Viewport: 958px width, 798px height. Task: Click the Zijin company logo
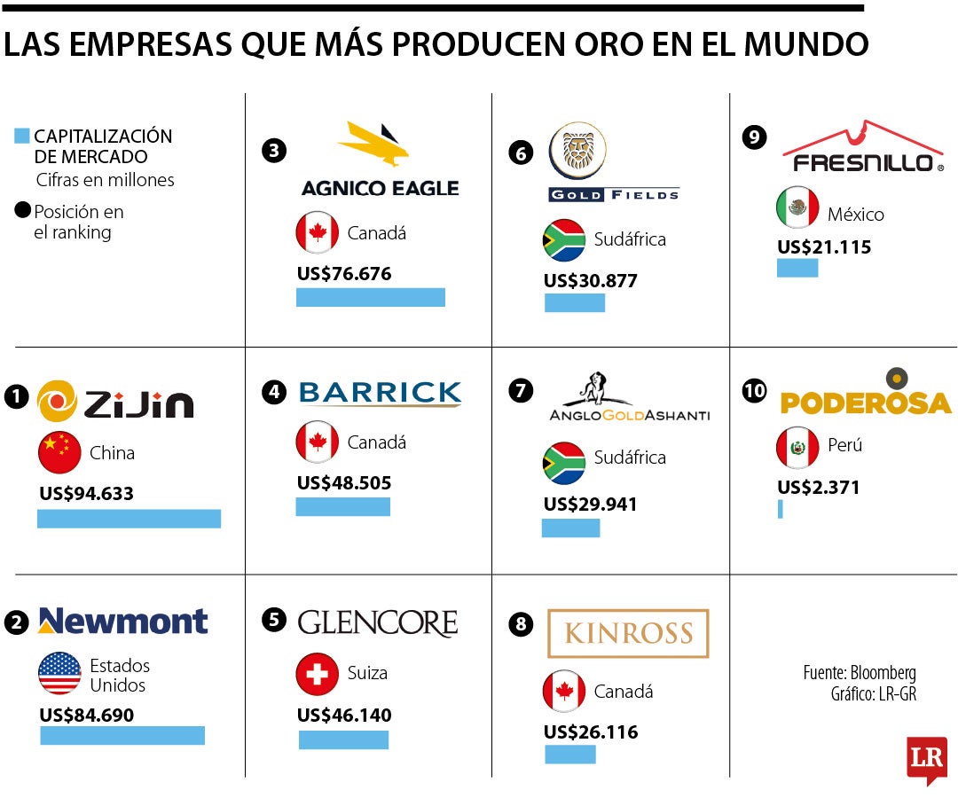coord(115,401)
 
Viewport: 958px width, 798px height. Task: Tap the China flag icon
coord(59,453)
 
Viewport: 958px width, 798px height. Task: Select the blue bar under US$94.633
coord(129,519)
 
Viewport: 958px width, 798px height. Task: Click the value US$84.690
coord(86,715)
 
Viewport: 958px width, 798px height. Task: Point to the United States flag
coord(59,674)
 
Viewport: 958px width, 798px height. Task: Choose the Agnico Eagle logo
coord(380,160)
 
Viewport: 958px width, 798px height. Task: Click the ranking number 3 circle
coord(274,151)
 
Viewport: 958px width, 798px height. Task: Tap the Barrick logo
coord(380,393)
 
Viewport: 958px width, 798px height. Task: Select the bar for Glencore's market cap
coord(343,739)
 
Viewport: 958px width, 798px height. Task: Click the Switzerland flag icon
coord(317,674)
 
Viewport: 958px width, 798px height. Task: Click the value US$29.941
coord(590,505)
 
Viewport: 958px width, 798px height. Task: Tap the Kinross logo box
coord(628,633)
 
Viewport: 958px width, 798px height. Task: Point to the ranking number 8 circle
coord(522,624)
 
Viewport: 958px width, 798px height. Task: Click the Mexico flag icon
coord(797,208)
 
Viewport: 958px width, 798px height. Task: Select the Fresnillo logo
coord(862,146)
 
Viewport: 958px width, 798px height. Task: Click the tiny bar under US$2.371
coord(781,509)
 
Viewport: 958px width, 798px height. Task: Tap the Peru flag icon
coord(797,447)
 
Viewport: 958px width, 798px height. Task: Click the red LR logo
coord(926,759)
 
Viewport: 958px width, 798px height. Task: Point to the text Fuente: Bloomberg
coord(859,673)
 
